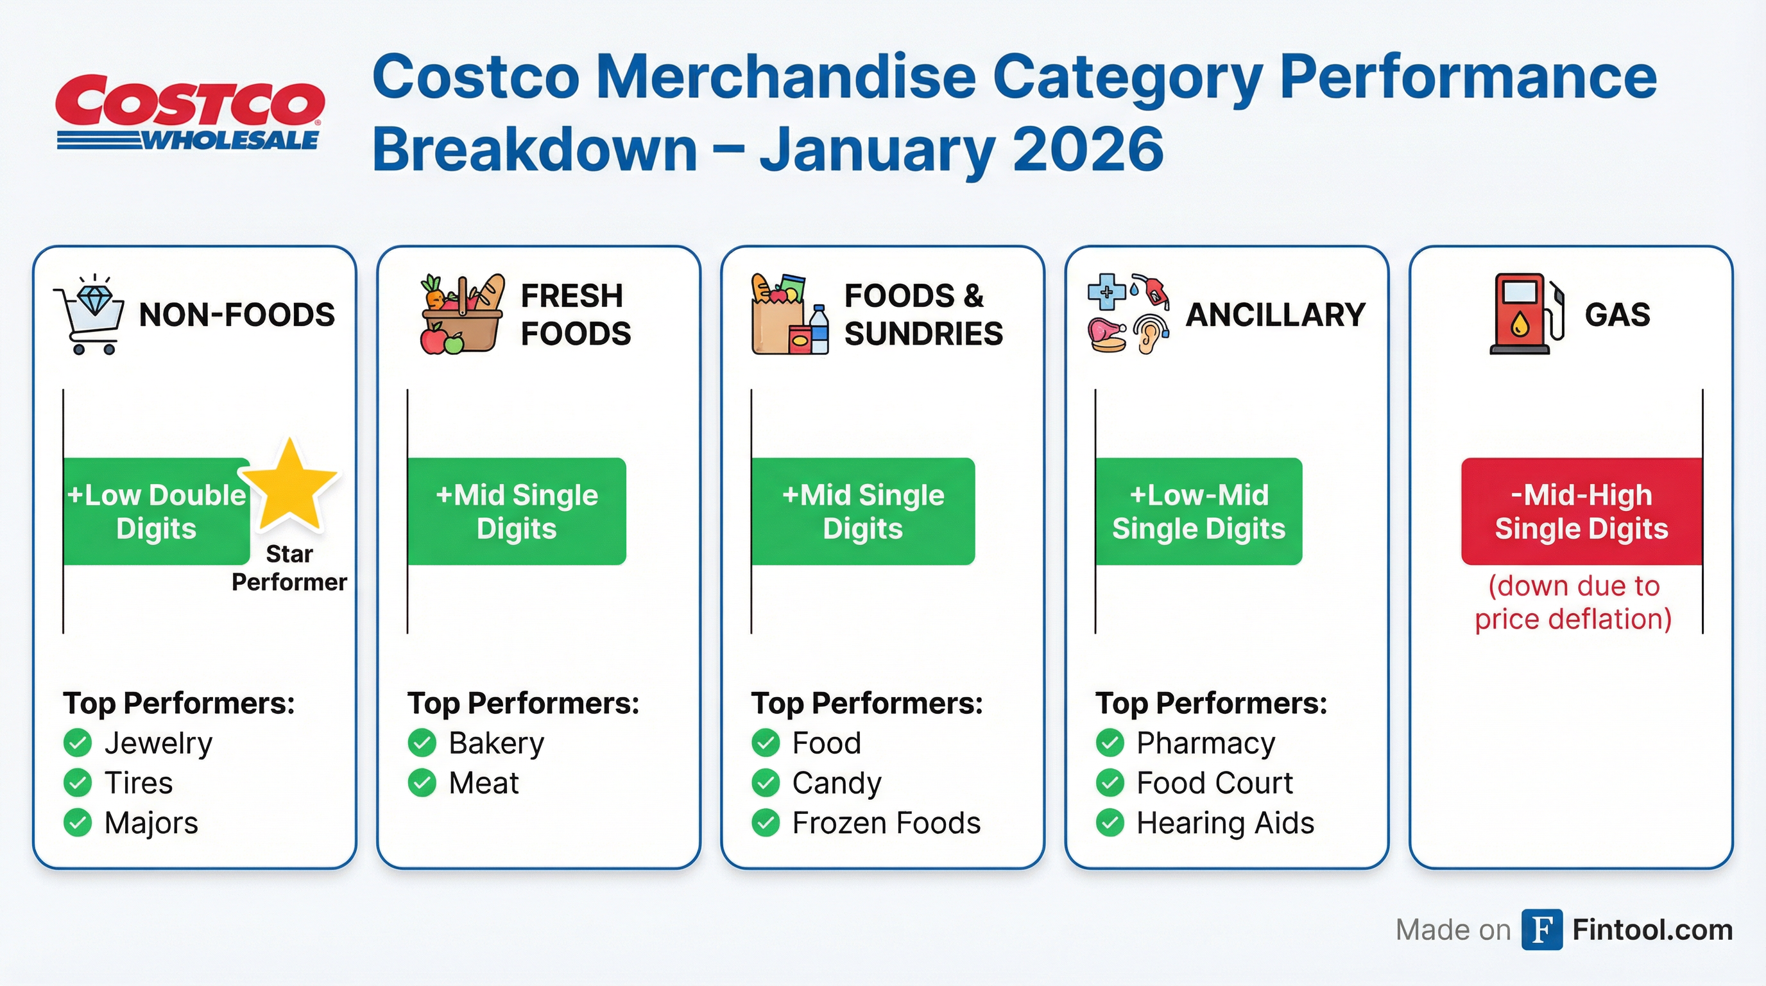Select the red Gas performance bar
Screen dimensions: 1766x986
[x=1582, y=512]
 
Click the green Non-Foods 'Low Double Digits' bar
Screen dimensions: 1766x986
[x=157, y=512]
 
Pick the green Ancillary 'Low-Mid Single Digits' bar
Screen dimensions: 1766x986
[x=1198, y=512]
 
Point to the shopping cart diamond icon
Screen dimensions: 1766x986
[x=89, y=315]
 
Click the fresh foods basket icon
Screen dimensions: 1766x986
[x=462, y=314]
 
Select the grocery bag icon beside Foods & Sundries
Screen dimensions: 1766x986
[x=790, y=314]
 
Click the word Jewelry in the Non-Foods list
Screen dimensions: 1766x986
[x=159, y=743]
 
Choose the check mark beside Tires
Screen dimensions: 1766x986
[x=78, y=783]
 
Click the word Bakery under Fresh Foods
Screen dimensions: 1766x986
[x=496, y=743]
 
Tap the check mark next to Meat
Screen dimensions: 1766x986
[x=422, y=783]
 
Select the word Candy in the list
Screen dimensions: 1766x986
[x=837, y=783]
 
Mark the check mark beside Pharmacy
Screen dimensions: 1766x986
[x=1110, y=743]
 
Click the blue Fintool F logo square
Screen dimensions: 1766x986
[x=1543, y=929]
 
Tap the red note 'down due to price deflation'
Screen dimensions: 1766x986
[x=1573, y=603]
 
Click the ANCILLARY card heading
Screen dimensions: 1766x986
[x=1275, y=315]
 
